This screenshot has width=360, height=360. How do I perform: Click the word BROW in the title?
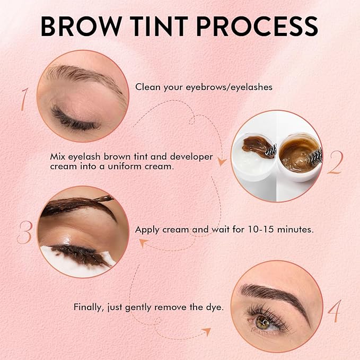click(81, 26)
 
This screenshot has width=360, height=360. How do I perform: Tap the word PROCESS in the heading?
click(257, 26)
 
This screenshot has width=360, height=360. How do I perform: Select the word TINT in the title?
click(159, 26)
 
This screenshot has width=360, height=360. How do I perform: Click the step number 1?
click(24, 99)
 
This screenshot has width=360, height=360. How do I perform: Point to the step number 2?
click(336, 162)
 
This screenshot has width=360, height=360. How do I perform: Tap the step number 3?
click(24, 232)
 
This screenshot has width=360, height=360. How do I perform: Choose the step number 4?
click(335, 311)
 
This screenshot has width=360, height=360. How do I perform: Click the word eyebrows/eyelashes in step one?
click(229, 87)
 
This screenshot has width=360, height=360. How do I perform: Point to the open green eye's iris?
click(262, 321)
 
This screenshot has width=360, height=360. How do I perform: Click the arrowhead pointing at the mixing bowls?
click(222, 162)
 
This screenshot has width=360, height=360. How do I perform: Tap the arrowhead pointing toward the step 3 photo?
click(143, 242)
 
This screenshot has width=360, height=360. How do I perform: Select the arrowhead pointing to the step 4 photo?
click(206, 331)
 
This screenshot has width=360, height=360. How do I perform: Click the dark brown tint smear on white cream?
click(258, 146)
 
